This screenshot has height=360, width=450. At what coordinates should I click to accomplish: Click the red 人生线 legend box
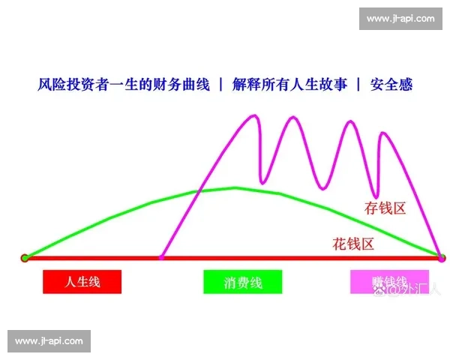click(82, 281)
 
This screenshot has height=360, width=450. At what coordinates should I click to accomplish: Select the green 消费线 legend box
click(242, 282)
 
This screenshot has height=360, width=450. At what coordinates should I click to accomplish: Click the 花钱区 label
click(353, 243)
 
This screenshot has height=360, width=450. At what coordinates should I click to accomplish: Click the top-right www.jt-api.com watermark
click(399, 18)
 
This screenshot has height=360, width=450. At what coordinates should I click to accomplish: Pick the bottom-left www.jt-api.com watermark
click(50, 341)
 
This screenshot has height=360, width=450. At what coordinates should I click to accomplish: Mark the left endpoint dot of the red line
click(25, 258)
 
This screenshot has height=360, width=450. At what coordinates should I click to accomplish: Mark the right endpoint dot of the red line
click(441, 258)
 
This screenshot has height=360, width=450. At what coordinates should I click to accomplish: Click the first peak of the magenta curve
click(253, 116)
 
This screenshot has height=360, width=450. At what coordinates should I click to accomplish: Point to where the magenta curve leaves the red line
click(161, 258)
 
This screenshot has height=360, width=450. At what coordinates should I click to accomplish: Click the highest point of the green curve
click(234, 187)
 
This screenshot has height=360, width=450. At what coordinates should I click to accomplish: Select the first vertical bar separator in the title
click(220, 85)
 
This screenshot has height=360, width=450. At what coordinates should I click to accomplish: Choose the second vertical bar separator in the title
click(358, 85)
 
